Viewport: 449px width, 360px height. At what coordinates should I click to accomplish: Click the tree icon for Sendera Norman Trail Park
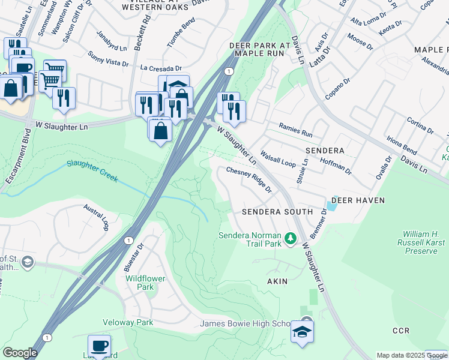291,239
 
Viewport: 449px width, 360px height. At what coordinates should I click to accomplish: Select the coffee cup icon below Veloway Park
99,346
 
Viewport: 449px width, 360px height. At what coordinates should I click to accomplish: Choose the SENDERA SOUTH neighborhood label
277,212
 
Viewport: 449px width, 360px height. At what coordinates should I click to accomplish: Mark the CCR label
400,331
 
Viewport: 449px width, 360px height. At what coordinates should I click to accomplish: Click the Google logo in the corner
20,353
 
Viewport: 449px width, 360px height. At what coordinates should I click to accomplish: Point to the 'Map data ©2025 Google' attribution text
412,355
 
